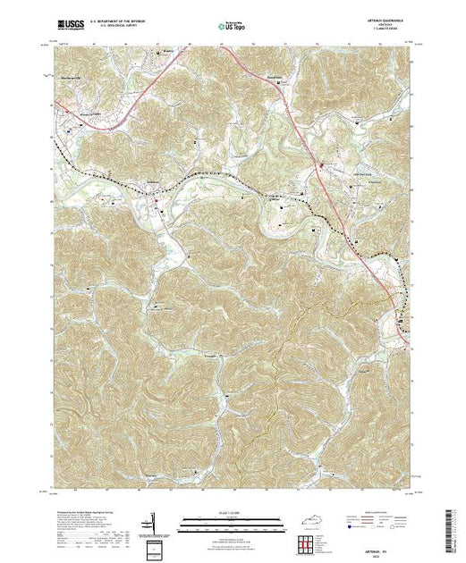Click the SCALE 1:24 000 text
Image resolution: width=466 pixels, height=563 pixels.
(x=232, y=512)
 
